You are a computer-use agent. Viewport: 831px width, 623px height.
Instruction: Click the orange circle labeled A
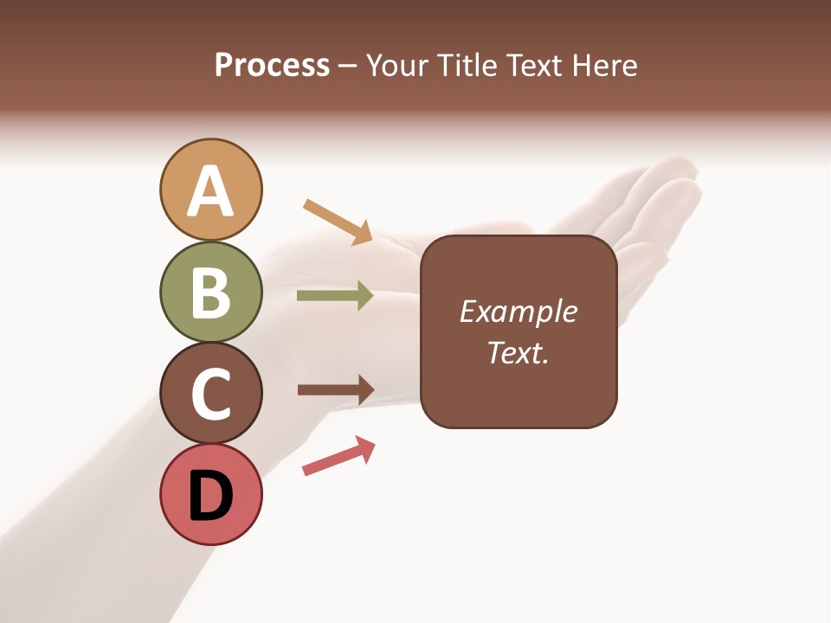[210, 189]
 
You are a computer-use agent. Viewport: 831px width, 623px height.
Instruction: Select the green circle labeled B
[210, 292]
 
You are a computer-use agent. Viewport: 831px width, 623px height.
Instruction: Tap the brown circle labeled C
[210, 393]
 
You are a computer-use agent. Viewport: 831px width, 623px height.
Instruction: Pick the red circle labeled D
[210, 494]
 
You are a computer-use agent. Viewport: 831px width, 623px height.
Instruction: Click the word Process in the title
[272, 66]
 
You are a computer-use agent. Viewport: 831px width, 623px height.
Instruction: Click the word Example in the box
[518, 311]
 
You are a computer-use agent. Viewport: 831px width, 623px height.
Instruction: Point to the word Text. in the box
[518, 352]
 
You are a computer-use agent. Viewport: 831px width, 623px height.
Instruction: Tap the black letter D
[210, 496]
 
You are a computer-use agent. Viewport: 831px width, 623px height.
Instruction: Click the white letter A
[210, 191]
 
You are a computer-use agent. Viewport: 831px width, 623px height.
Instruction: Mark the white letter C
[210, 394]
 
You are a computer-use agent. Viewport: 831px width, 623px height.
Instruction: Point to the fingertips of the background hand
[680, 173]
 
